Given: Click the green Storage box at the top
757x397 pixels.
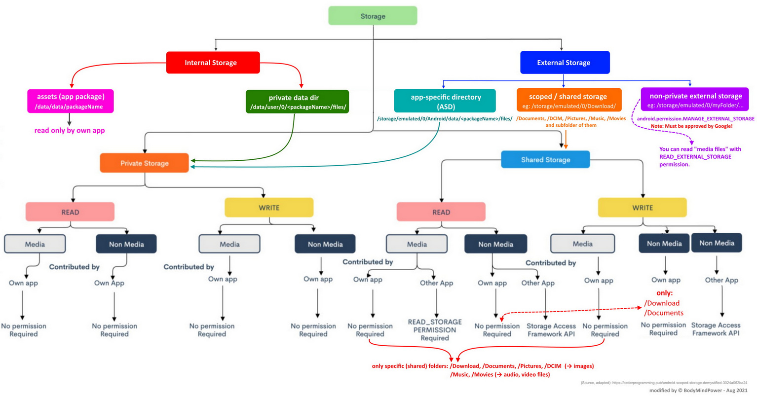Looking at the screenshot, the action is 373,16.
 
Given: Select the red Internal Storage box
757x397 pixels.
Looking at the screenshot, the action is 213,63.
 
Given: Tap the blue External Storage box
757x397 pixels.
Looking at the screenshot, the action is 565,63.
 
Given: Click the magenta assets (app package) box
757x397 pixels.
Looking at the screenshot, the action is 70,101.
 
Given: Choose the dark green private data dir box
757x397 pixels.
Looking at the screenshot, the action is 298,102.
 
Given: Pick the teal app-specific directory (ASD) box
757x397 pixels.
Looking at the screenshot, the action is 445,101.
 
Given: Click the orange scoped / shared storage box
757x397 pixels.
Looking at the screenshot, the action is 569,100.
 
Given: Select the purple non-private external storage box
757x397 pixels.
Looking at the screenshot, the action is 695,99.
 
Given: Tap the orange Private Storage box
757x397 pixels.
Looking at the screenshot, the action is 144,163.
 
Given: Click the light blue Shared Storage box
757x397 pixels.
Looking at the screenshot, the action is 545,159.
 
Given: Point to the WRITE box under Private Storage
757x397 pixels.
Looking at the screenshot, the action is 269,208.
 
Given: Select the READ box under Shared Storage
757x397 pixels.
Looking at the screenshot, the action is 441,212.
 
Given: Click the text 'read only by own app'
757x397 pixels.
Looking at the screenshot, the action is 70,130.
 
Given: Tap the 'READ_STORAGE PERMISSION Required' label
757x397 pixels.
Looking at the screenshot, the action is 435,330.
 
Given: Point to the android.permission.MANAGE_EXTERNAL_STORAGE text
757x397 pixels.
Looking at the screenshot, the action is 695,118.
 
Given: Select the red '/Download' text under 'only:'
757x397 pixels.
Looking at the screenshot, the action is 662,303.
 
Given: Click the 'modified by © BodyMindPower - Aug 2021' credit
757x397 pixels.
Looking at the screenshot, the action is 698,390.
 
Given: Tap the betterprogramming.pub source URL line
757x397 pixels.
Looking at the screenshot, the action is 664,383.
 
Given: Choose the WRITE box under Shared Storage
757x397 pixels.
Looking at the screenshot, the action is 643,208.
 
